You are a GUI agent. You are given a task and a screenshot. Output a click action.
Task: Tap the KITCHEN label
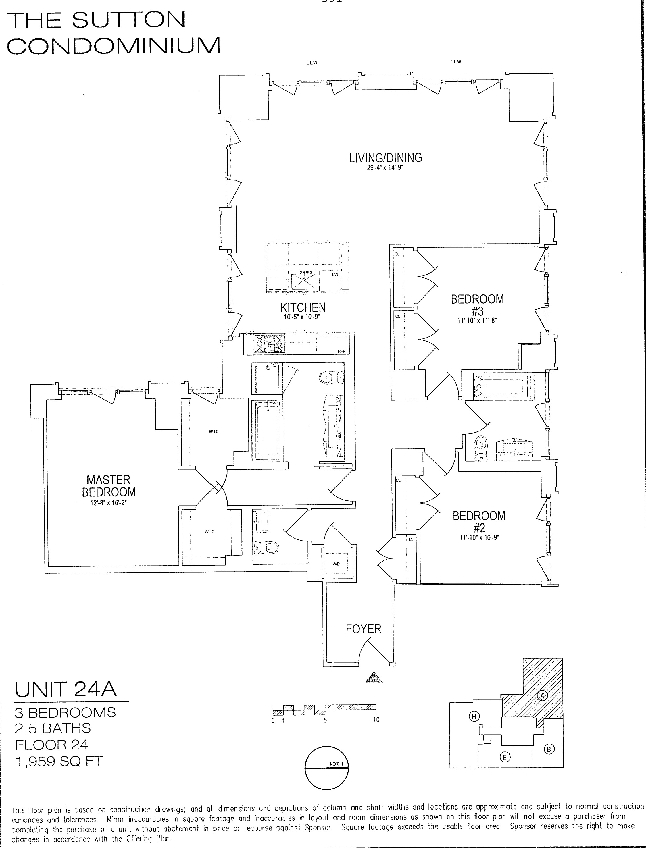303,308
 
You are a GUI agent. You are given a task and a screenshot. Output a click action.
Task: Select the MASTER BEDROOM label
109,486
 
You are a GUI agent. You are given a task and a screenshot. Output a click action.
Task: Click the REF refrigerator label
341,351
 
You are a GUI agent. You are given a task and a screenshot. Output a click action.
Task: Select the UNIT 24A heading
65,689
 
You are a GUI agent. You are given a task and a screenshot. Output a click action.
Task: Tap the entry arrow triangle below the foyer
374,677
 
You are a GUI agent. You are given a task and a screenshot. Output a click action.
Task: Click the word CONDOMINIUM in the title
114,46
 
